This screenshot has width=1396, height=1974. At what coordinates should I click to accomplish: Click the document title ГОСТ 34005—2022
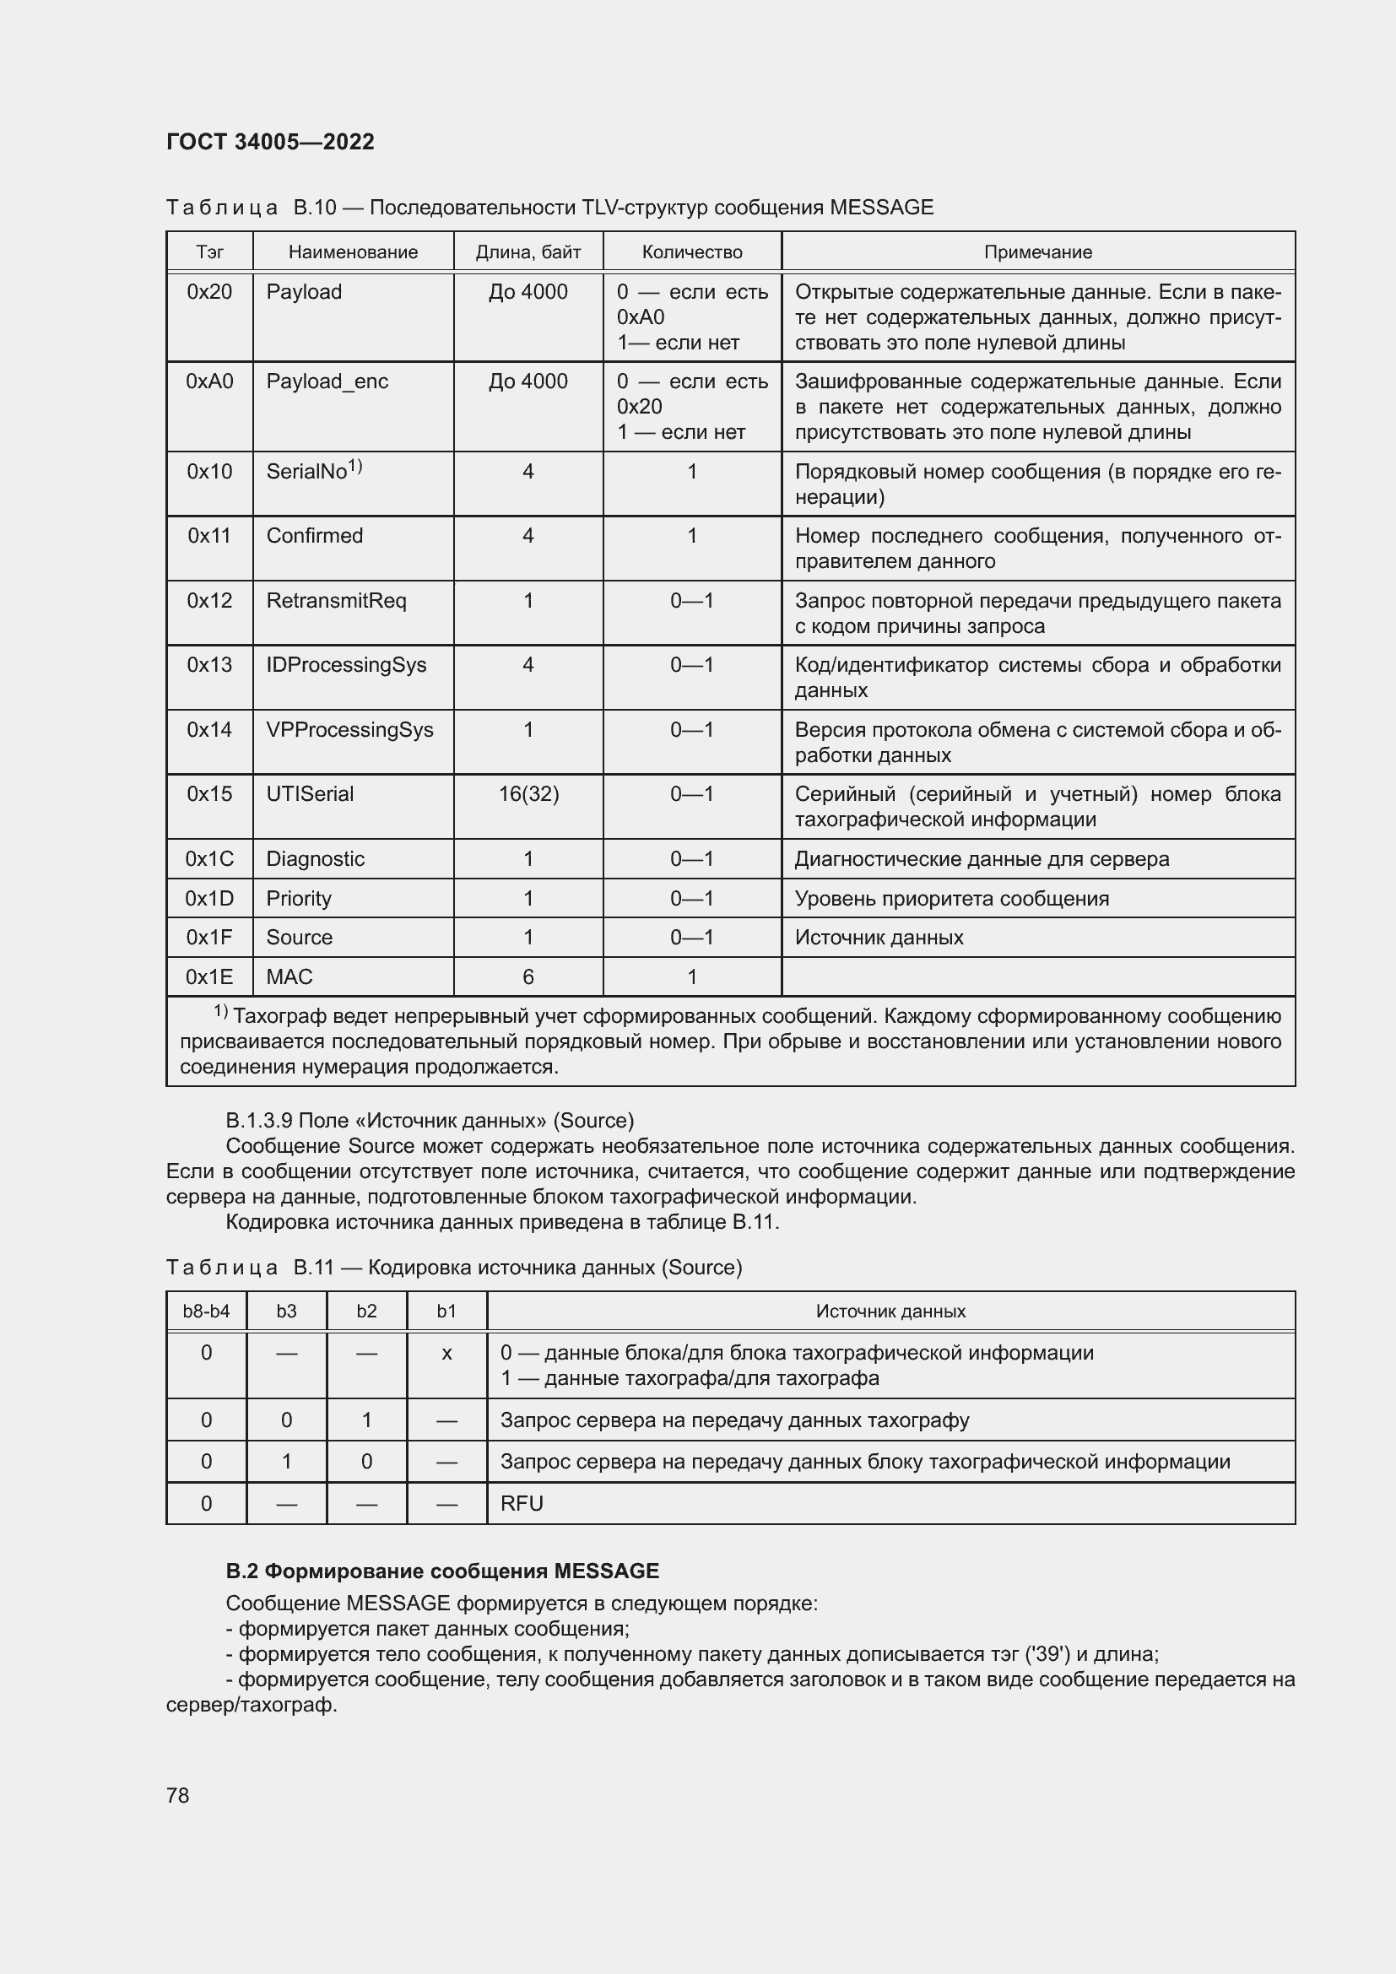(x=270, y=142)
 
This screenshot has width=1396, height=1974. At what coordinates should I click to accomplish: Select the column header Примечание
(x=1037, y=251)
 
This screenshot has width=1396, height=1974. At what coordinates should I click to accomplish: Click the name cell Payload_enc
(x=327, y=381)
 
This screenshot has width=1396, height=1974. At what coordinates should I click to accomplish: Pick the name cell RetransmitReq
(x=336, y=600)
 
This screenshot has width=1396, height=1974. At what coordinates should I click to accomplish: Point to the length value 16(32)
(x=528, y=793)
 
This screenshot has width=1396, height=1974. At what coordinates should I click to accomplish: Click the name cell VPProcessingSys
(x=349, y=729)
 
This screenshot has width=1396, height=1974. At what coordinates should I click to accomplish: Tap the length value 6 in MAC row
(x=528, y=976)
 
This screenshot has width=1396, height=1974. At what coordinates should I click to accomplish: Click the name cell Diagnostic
(x=315, y=859)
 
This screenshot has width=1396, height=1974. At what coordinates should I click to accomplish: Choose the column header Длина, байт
(x=528, y=251)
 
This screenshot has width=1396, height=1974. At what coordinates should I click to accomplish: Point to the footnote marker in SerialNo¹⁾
(x=355, y=466)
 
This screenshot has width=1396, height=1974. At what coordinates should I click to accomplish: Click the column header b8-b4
(x=206, y=1311)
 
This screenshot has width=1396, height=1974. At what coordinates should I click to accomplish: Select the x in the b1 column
(x=446, y=1353)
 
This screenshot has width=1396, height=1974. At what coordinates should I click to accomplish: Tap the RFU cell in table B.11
(x=522, y=1503)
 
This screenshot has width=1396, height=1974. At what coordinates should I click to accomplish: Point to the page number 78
(x=178, y=1795)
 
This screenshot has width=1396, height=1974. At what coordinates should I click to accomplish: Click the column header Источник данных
(x=890, y=1311)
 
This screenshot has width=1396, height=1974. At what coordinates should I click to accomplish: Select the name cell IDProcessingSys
(x=345, y=664)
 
